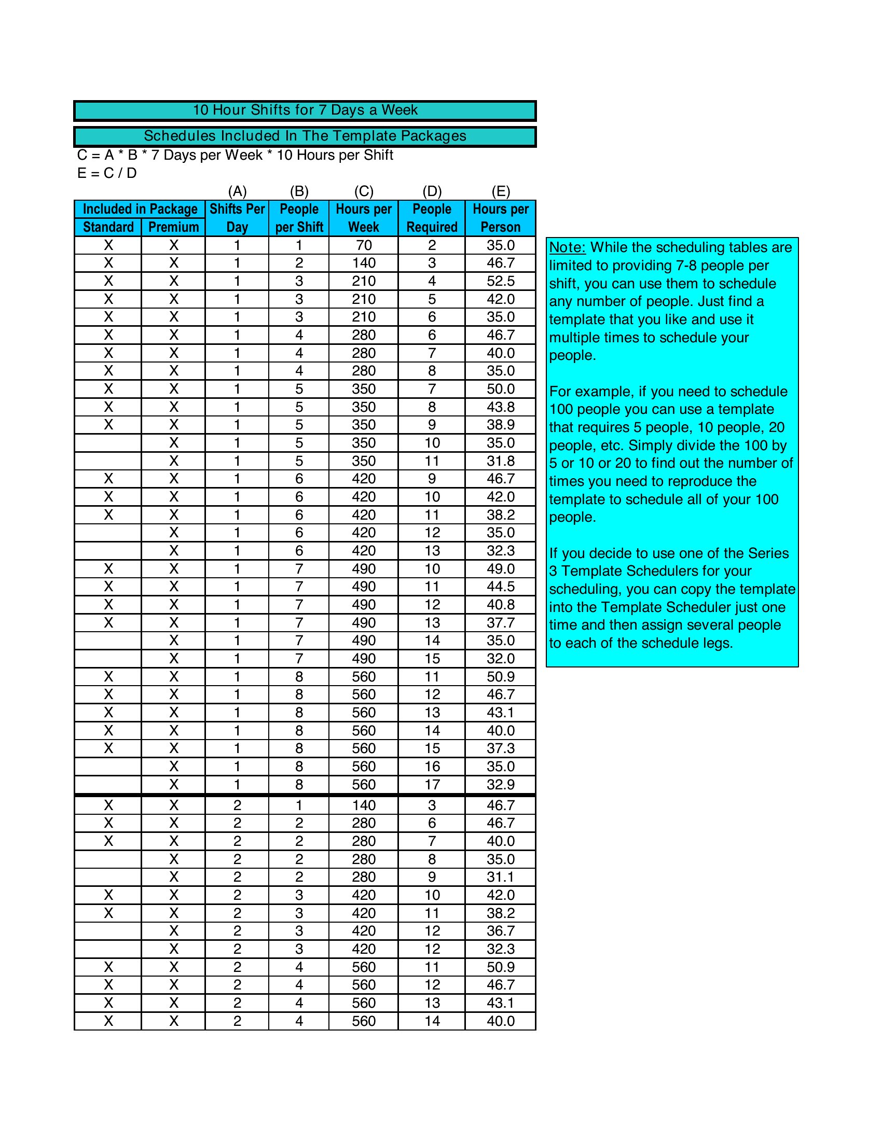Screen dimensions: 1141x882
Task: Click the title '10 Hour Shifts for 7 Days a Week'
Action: (x=305, y=110)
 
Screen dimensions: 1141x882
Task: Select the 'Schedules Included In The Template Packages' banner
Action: (x=305, y=136)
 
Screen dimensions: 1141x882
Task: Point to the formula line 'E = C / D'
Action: (x=107, y=173)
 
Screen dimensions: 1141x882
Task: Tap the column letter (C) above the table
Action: (x=364, y=191)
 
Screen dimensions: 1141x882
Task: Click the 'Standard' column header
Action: (x=108, y=227)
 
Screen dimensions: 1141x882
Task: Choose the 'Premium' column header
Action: (x=173, y=227)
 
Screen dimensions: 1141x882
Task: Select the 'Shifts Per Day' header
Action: (x=237, y=218)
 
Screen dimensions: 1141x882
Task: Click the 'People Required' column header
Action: (x=432, y=218)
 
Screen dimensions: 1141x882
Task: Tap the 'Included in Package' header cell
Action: (x=140, y=209)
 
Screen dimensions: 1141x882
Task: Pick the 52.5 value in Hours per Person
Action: (x=501, y=281)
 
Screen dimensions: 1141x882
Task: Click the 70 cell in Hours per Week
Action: (x=364, y=245)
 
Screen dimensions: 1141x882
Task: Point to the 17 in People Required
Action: (x=432, y=785)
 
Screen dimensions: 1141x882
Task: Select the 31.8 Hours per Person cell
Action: (x=501, y=461)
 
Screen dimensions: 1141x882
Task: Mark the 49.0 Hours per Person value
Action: (x=501, y=569)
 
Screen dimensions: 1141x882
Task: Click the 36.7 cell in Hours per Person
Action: (x=501, y=931)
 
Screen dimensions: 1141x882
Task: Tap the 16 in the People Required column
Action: (x=432, y=767)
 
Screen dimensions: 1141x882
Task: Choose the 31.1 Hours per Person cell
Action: (x=501, y=877)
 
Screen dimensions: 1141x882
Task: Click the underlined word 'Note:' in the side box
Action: (x=568, y=247)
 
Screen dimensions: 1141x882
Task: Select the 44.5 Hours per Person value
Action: (x=501, y=587)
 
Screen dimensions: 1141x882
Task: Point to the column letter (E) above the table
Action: (x=501, y=191)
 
